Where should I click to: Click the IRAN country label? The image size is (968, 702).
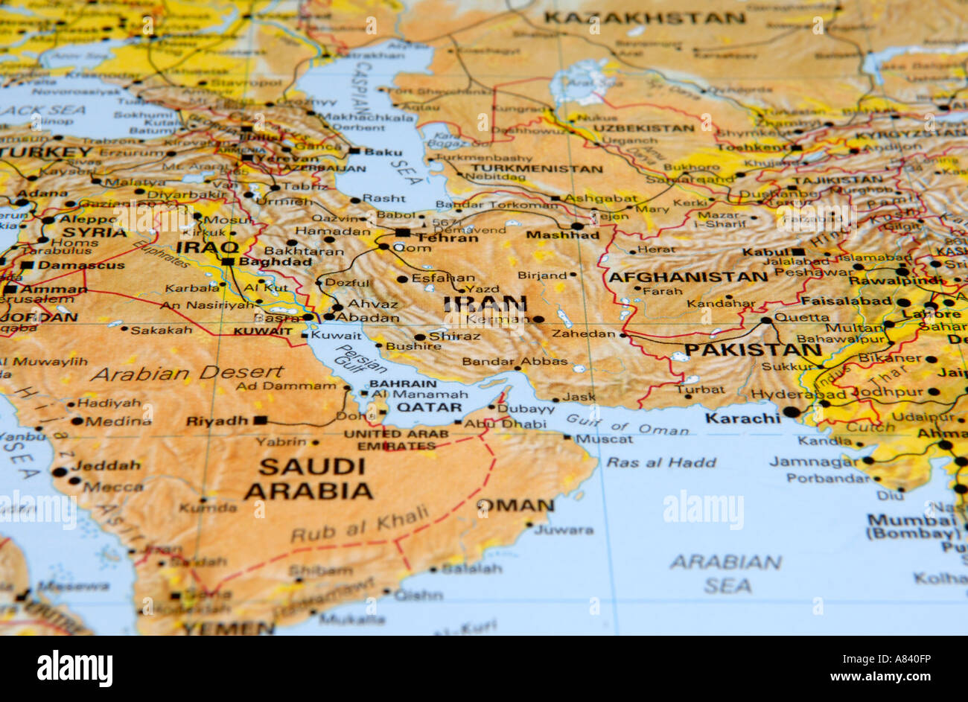coord(485,304)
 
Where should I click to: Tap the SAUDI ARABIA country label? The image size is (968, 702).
coord(308,479)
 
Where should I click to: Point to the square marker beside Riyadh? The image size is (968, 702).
coord(259,421)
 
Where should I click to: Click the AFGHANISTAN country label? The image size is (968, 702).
coord(687,277)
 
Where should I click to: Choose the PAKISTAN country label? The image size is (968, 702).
coord(752,350)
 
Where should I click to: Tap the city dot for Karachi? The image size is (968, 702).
coord(792,412)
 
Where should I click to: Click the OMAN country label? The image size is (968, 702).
coord(515,506)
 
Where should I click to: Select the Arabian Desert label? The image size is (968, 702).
coord(187,373)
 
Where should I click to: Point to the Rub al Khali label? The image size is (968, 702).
coord(360,523)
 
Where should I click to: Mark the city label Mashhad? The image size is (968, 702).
coord(562,235)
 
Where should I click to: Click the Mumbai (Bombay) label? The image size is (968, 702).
coord(914,526)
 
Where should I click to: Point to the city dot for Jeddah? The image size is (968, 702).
coord(59,472)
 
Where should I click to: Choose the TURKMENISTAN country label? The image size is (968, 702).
coord(536,169)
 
